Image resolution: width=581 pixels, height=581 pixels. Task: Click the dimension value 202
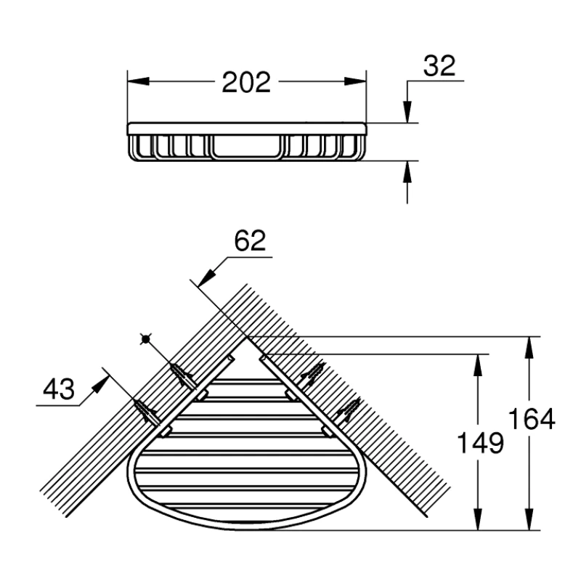(246, 82)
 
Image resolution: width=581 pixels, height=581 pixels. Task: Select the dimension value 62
(251, 240)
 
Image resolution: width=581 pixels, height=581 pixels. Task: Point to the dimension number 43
(58, 390)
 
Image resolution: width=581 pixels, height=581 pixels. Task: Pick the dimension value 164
(532, 419)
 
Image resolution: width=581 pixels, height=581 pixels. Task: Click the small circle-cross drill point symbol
(146, 339)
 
